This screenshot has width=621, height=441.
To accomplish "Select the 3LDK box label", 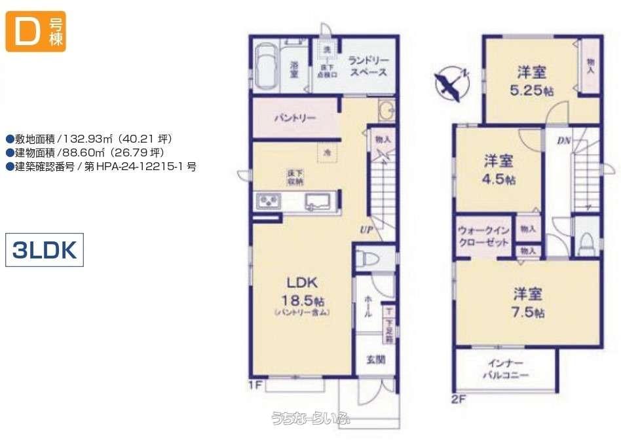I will [x=45, y=249].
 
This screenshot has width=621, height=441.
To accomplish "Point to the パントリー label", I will [x=295, y=118].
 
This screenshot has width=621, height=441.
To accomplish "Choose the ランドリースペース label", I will [x=368, y=65].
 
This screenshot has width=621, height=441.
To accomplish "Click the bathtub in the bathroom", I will [x=265, y=65].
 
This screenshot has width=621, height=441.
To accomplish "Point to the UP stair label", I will [x=365, y=229].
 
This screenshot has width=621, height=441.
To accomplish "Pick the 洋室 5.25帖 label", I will [x=531, y=80].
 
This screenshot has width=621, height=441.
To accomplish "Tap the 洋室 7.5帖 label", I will [x=528, y=302].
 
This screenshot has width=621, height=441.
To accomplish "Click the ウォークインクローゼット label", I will [x=484, y=236].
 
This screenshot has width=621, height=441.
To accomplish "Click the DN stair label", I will [x=563, y=140].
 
